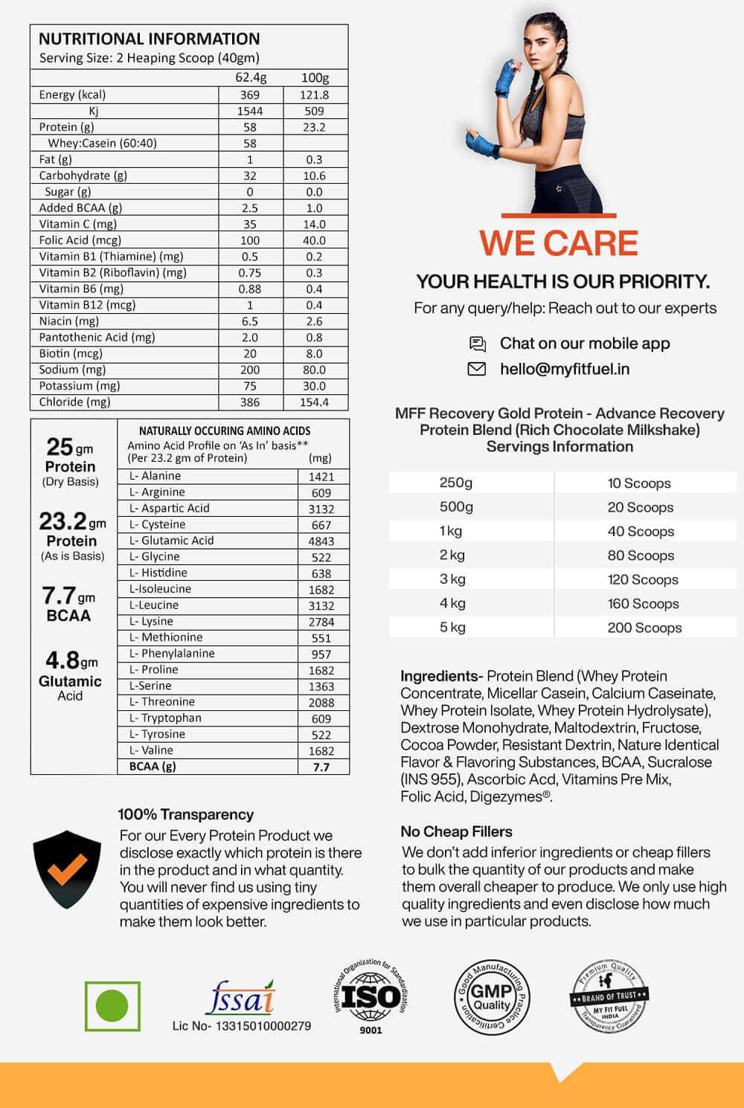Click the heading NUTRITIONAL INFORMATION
[x=149, y=39]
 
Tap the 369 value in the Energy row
[x=250, y=95]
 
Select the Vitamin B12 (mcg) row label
[x=87, y=305]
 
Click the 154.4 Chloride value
[x=314, y=402]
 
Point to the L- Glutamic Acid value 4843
[x=321, y=541]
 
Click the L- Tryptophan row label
[x=165, y=718]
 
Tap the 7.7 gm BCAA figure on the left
[x=68, y=604]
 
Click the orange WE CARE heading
[x=558, y=243]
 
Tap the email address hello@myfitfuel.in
[x=565, y=369]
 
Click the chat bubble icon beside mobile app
[x=477, y=344]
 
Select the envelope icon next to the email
[x=476, y=369]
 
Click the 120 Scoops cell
[x=643, y=580]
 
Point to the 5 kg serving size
[x=452, y=628]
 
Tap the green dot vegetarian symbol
[x=112, y=1005]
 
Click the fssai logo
[x=240, y=999]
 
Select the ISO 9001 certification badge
[x=370, y=996]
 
